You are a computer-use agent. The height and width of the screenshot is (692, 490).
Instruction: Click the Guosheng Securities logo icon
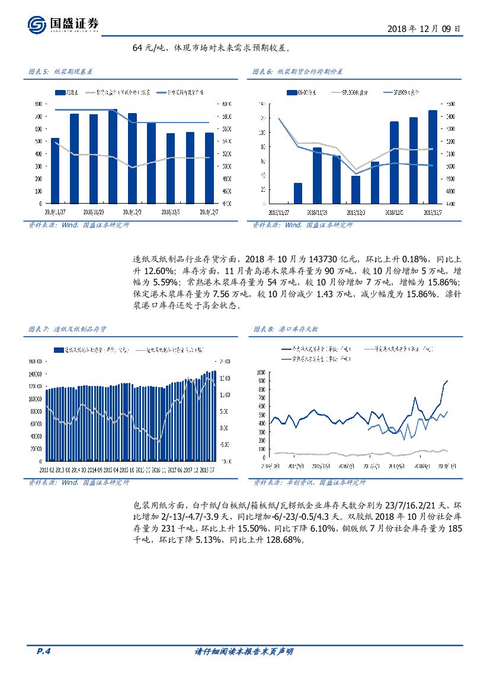coord(37,24)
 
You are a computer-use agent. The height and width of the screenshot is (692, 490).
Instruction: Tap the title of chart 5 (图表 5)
coord(60,72)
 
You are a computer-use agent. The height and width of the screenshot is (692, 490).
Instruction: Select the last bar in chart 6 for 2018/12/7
coord(433,157)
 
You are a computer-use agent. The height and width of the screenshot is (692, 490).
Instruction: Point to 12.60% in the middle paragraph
coord(152,271)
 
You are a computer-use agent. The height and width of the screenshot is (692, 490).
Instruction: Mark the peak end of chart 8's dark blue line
coord(447,381)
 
